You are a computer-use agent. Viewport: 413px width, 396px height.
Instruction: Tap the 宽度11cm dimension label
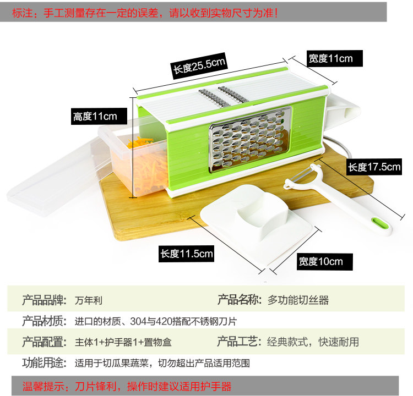(330, 58)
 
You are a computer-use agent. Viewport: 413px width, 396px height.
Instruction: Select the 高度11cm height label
(95, 117)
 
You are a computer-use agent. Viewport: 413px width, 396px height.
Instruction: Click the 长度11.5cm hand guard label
(187, 254)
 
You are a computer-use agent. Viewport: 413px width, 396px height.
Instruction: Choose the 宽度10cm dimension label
(321, 261)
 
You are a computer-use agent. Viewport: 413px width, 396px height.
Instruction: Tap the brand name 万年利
(89, 301)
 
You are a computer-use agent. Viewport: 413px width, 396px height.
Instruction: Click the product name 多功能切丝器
(298, 301)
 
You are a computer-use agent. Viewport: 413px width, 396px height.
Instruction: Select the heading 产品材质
(44, 321)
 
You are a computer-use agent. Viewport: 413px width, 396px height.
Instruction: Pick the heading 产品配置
(44, 342)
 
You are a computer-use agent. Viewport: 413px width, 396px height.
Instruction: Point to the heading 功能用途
(44, 363)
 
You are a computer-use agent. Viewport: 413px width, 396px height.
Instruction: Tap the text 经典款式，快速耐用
(313, 342)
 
